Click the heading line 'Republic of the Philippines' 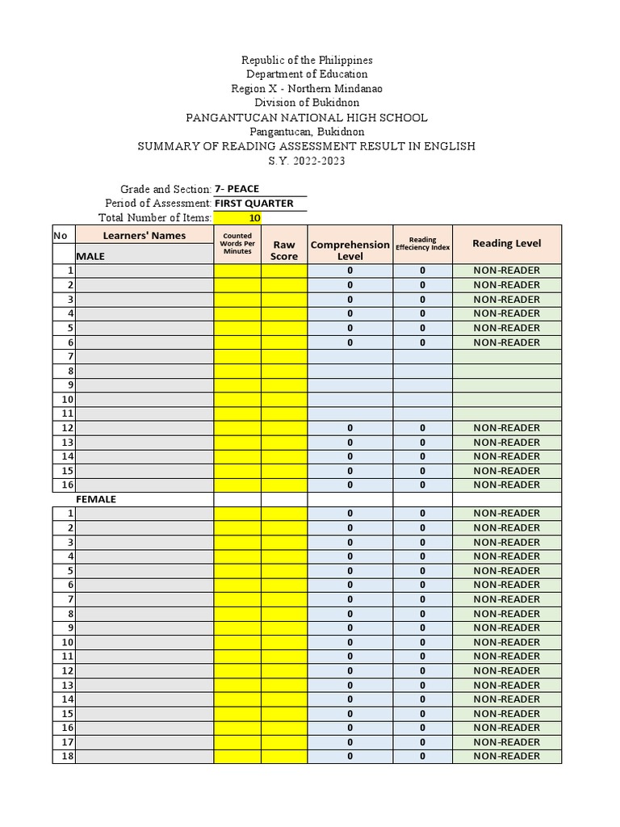307,61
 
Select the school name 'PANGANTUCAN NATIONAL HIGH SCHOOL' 307,118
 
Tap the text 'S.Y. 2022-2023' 307,161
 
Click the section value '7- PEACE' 237,189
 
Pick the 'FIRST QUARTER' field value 253,204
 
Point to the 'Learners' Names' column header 145,236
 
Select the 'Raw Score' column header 284,250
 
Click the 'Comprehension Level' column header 350,250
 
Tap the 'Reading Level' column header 506,243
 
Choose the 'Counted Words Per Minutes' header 237,243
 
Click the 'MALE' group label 90,256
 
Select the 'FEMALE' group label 96,499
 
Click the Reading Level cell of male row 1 506,271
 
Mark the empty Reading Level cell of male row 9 506,385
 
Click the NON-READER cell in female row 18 506,756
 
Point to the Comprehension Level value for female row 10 350,642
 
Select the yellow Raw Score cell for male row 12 284,428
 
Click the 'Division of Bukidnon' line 307,103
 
